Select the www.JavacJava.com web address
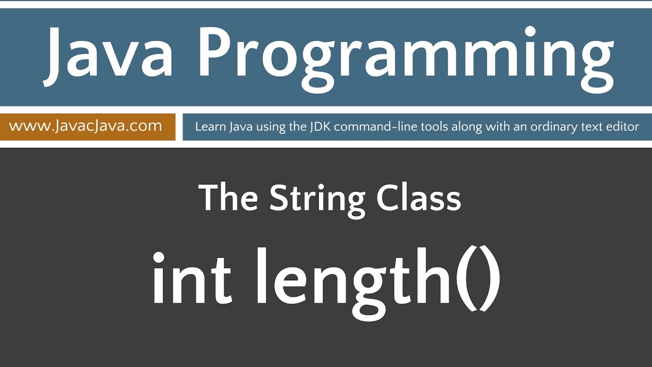[86, 126]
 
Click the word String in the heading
[317, 199]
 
